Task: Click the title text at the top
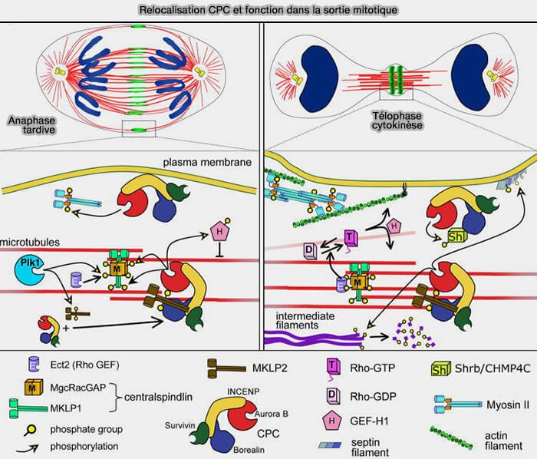268,10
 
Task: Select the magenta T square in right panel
351,237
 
